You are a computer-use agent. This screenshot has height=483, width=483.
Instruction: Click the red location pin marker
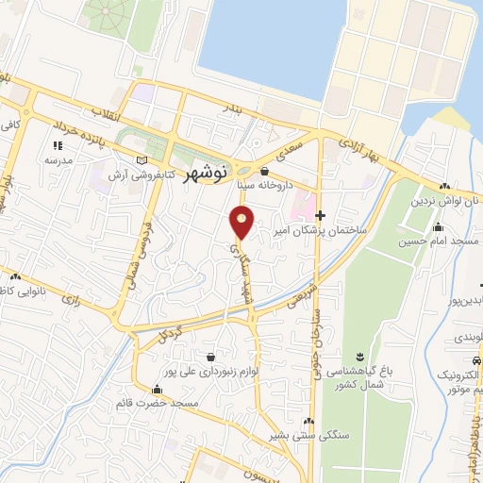tap(242, 223)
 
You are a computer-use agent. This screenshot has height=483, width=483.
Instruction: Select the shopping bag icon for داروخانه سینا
tap(263, 171)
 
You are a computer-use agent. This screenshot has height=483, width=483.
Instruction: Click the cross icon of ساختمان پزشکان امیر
tap(321, 216)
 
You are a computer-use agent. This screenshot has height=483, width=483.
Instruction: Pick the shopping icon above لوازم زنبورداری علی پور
tap(210, 357)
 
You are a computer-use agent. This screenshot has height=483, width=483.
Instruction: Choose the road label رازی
tap(72, 298)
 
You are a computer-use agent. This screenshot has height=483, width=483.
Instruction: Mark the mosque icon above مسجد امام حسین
tap(438, 226)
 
